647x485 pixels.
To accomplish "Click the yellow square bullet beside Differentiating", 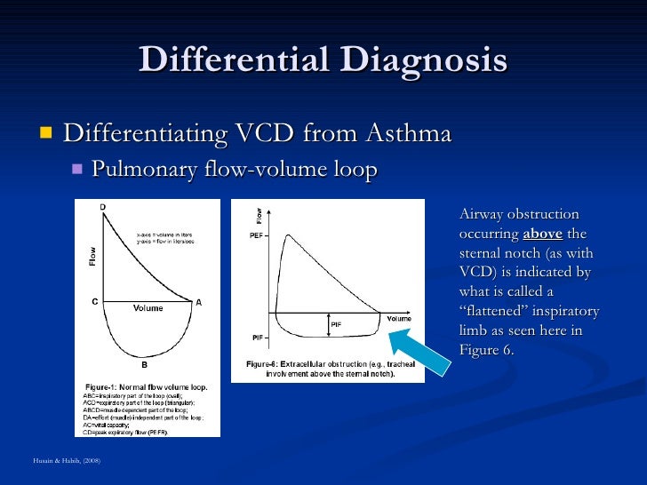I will coord(44,134).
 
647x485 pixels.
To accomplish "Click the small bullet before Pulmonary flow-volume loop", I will coord(76,169).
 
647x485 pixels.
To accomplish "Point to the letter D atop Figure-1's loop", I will coord(102,207).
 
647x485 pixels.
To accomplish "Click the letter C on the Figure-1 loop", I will coord(94,302).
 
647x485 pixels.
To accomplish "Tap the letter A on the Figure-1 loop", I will coord(199,302).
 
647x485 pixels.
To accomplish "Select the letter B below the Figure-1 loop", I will coord(144,363).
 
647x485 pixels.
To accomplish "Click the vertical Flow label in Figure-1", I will coord(92,256).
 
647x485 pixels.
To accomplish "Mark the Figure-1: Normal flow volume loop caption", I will coord(145,388).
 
